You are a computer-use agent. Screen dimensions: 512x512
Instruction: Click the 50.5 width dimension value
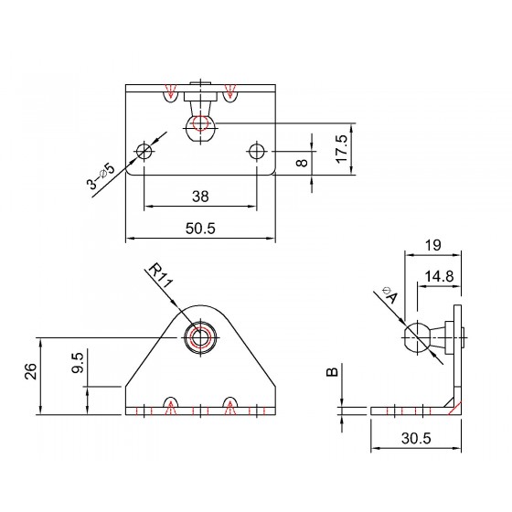(x=200, y=229)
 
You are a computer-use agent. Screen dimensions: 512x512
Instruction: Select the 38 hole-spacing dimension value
(x=200, y=197)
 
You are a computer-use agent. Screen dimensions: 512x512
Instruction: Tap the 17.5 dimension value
(x=342, y=148)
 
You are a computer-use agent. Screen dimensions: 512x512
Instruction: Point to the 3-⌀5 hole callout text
(x=101, y=176)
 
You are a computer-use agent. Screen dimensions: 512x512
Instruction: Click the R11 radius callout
(x=160, y=276)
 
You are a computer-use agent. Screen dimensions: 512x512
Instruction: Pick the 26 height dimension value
(x=31, y=371)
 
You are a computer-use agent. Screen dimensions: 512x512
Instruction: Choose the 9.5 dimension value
(x=78, y=362)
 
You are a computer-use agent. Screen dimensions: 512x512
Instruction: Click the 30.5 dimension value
(x=416, y=438)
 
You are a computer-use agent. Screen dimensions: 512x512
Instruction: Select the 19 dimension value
(x=433, y=245)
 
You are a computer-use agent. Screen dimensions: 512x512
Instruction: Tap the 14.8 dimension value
(x=439, y=276)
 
